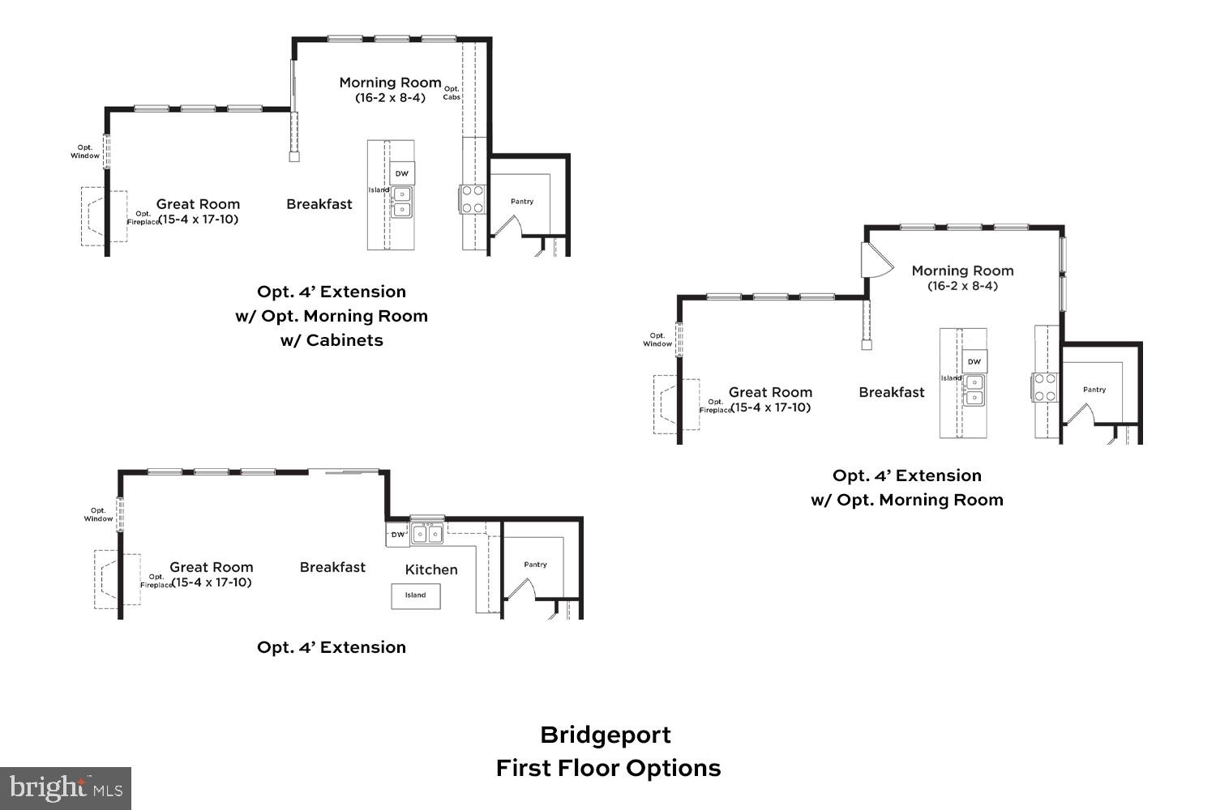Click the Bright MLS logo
[65, 788]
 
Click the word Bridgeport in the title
[606, 735]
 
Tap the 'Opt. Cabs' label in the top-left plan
[452, 93]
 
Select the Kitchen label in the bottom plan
[431, 569]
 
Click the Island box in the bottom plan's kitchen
[416, 595]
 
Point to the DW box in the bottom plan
[398, 535]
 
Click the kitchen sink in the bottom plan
[427, 534]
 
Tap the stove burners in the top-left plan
[473, 199]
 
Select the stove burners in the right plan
[1045, 387]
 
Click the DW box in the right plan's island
[974, 361]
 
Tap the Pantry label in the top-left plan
[522, 202]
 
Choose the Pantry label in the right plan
[1094, 390]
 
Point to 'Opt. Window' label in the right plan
[657, 339]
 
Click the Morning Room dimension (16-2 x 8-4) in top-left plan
[390, 98]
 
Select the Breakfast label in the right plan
[892, 392]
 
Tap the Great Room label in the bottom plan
[211, 567]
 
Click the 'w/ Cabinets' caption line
[332, 340]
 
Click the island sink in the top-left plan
[401, 202]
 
